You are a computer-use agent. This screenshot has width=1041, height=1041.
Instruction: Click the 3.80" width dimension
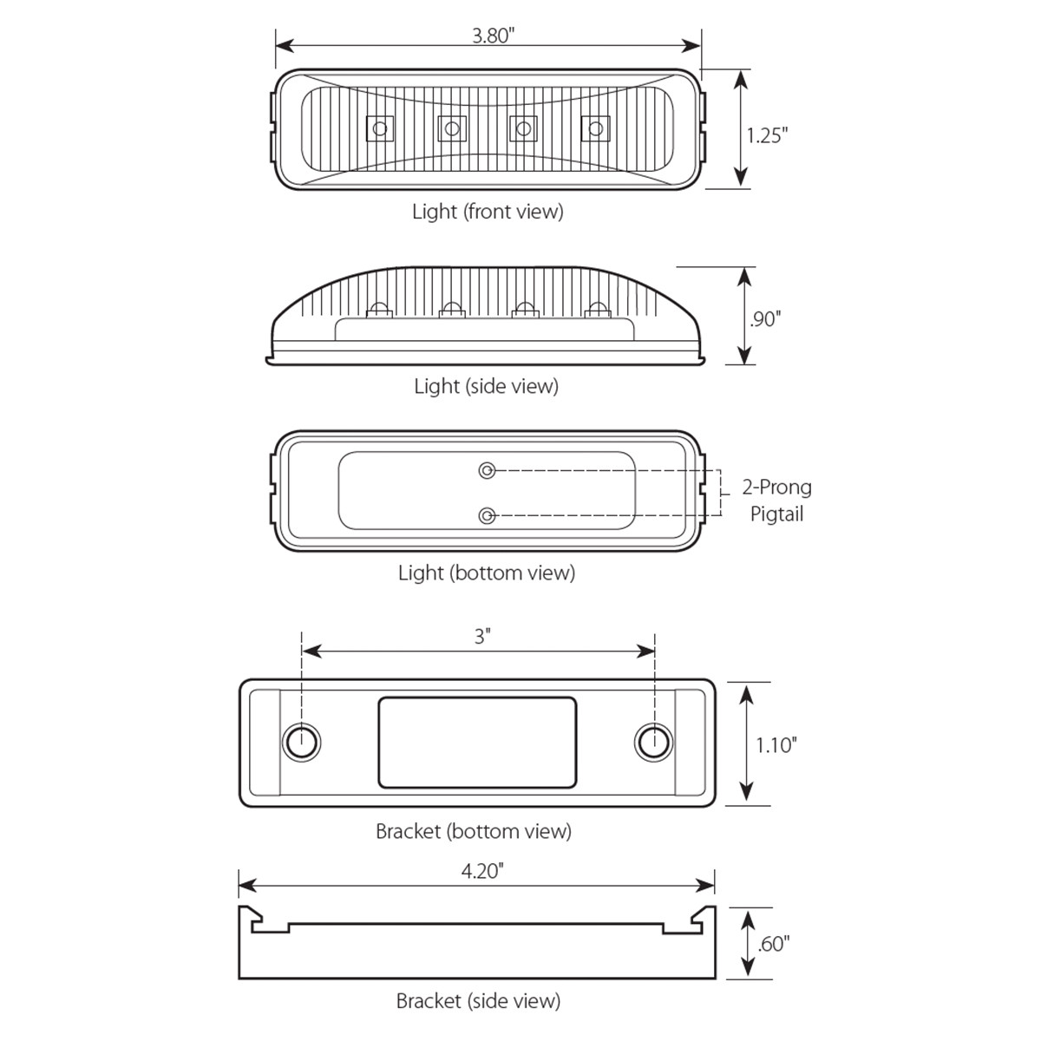click(493, 36)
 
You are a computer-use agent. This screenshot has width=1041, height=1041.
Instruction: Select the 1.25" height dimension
click(767, 135)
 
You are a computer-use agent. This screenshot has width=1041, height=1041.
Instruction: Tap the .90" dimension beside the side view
click(765, 319)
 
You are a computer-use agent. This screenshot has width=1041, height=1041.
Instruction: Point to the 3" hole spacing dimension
click(482, 637)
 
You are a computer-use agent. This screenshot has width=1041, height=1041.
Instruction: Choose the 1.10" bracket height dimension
click(775, 744)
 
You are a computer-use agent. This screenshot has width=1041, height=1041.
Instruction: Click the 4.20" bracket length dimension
click(482, 871)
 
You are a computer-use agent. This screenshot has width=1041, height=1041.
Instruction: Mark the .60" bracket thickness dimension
click(773, 944)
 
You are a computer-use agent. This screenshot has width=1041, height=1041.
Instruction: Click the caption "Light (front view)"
click(488, 211)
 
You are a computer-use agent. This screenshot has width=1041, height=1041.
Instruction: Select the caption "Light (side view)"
click(486, 386)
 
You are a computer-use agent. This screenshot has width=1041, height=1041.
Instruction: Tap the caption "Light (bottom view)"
click(486, 573)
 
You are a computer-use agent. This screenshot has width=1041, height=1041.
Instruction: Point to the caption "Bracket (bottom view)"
click(474, 831)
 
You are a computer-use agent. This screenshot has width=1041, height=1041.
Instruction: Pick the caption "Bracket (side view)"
click(478, 1001)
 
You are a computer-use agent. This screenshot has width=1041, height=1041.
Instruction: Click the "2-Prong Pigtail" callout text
click(777, 501)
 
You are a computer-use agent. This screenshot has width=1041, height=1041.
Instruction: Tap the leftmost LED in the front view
click(379, 130)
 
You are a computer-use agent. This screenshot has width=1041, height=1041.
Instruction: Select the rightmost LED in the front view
click(595, 130)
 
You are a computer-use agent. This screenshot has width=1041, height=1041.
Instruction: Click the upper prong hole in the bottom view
click(488, 470)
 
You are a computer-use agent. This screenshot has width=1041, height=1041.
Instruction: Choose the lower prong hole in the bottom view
click(488, 516)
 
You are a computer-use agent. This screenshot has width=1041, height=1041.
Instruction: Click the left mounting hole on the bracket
click(302, 743)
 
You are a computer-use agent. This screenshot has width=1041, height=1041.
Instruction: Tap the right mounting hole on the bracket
click(653, 743)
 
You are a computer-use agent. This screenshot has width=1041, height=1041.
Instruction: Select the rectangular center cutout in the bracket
click(477, 743)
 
